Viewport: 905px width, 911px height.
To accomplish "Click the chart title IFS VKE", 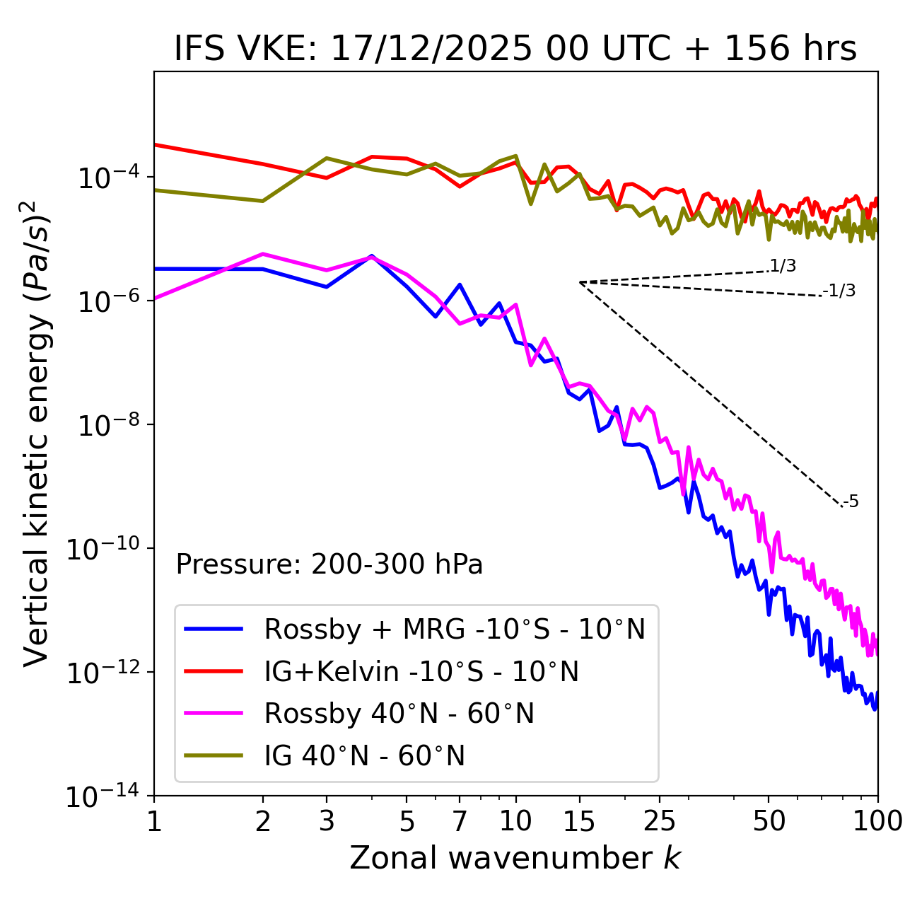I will tap(515, 49).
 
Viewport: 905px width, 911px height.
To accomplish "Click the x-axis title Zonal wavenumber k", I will tap(515, 857).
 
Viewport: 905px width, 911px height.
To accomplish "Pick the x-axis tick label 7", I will tap(460, 821).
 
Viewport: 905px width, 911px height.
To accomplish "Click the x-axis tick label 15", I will tap(579, 821).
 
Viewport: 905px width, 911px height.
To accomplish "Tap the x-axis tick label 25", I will tap(660, 821).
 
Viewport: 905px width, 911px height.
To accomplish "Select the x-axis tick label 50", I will tap(769, 821).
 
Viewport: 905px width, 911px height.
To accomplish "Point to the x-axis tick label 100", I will tap(877, 821).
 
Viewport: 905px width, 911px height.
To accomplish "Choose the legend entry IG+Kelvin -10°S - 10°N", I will tap(421, 671).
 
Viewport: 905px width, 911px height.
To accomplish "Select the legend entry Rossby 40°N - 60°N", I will tap(399, 714).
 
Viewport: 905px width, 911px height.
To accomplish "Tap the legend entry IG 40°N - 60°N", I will tap(364, 756).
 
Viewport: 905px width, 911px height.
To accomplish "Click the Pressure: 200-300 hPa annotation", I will tap(329, 564).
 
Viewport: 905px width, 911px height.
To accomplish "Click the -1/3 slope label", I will tap(839, 291).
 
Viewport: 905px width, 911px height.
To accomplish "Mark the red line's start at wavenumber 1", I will tap(155, 144).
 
